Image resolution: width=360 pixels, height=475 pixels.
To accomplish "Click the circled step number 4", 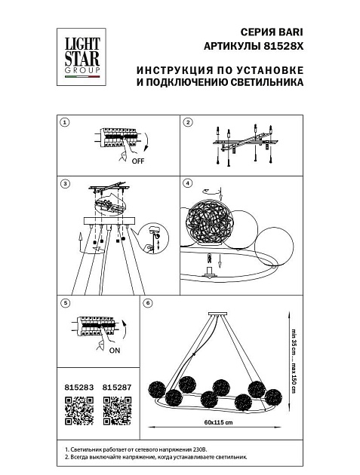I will [x=188, y=183].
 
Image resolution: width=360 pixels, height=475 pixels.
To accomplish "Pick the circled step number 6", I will [x=148, y=303].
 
